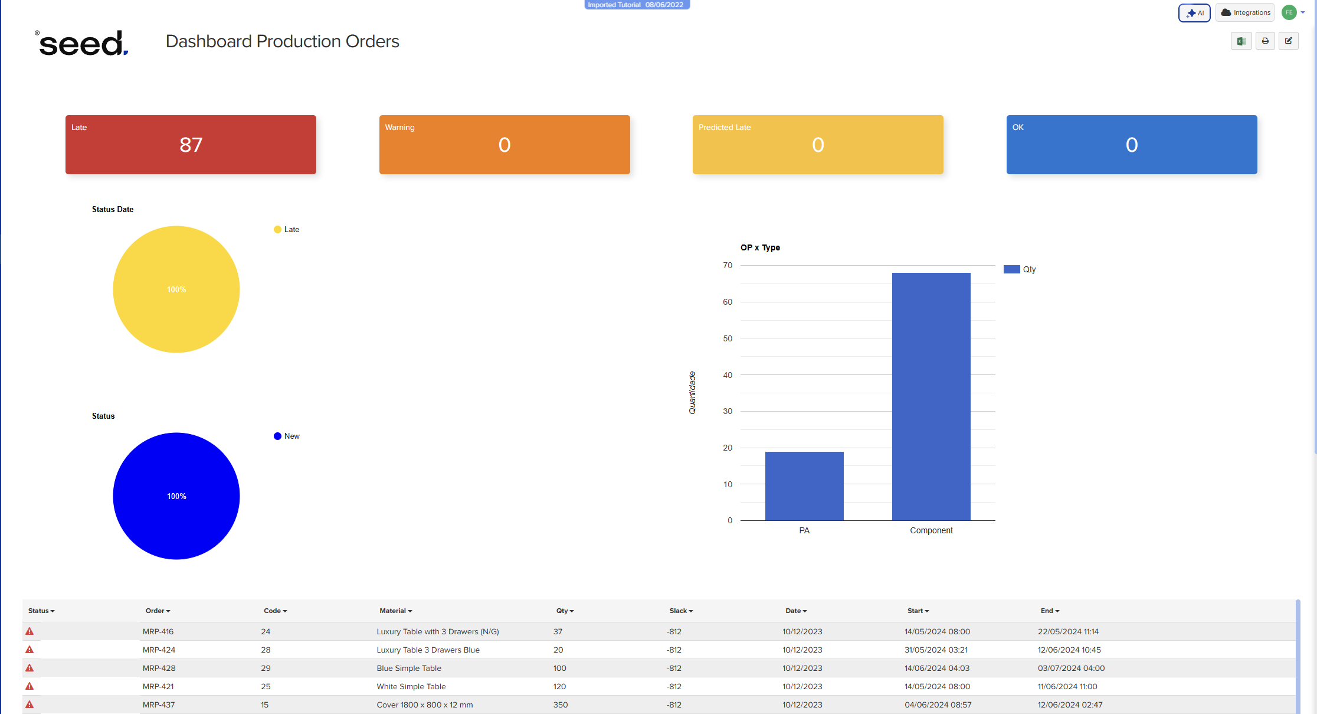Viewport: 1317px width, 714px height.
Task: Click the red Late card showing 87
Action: coord(191,145)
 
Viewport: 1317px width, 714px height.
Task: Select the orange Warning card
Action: coord(504,145)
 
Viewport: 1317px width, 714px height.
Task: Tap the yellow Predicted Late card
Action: coord(818,145)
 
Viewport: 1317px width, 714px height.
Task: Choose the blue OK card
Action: coord(1131,145)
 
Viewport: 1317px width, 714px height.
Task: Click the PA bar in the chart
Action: coord(804,486)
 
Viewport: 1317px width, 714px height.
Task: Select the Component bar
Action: coord(931,396)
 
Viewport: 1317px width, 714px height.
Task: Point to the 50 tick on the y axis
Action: coord(728,338)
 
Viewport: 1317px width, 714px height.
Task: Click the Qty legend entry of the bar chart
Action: coord(1020,269)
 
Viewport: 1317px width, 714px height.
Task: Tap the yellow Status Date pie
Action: coord(176,289)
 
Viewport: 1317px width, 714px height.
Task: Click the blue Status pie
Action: coord(176,496)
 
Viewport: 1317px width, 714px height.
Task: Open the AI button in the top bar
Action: coord(1194,13)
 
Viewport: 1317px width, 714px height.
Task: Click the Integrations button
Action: coord(1245,13)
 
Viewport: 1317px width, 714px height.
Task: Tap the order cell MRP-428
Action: coord(159,668)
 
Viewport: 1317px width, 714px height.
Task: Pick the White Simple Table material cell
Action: coord(411,686)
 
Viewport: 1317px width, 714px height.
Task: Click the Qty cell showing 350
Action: coord(561,705)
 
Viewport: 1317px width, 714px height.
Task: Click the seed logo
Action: coord(81,43)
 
